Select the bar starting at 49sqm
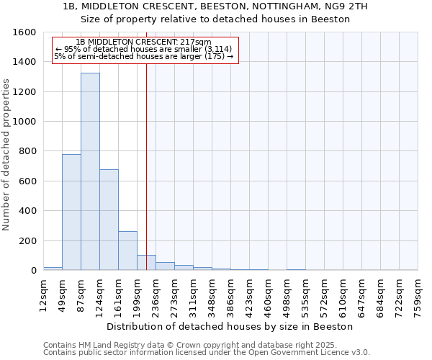[71, 212]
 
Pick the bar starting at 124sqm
[109, 220]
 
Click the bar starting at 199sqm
[146, 263]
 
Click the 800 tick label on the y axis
[28, 151]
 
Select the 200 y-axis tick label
[28, 240]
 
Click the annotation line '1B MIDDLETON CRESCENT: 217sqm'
[143, 42]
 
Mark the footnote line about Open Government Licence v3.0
[206, 353]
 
